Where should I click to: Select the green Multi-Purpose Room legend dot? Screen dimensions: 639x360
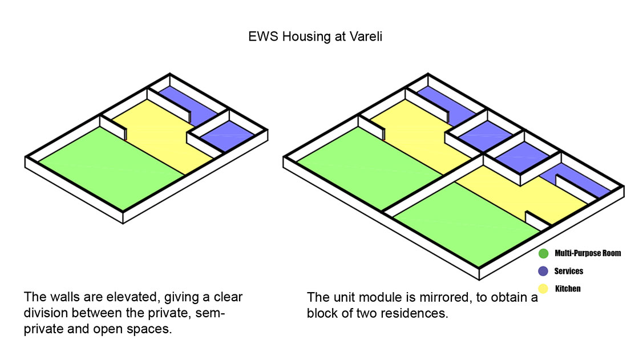pos(543,253)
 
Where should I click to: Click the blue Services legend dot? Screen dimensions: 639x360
pos(543,271)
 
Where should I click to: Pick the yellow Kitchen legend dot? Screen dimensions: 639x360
pos(543,289)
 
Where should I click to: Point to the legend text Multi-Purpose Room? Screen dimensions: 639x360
pos(588,253)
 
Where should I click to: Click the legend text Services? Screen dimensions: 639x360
pos(568,271)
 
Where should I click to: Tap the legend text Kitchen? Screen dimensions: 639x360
pos(568,289)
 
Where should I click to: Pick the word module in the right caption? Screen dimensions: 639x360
pos(359,297)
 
